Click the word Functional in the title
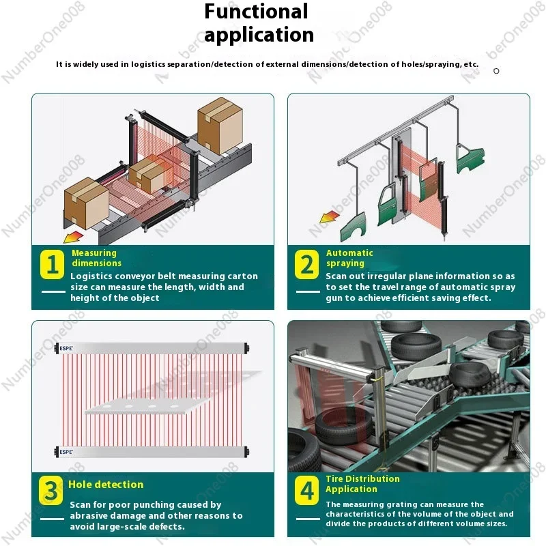(x=256, y=11)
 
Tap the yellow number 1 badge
(x=53, y=264)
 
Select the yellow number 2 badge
(x=306, y=264)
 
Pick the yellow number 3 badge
(x=51, y=491)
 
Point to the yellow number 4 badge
(x=306, y=491)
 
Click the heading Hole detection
(x=106, y=485)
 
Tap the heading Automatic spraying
(x=349, y=258)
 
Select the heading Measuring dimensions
(x=96, y=258)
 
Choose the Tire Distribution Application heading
(x=362, y=484)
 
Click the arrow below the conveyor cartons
(x=73, y=238)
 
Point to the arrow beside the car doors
(x=330, y=217)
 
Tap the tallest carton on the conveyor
(x=220, y=126)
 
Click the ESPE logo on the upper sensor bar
(x=66, y=348)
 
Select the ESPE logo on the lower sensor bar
(x=66, y=452)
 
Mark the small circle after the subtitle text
(x=496, y=71)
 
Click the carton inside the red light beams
(x=150, y=175)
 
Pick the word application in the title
(x=259, y=35)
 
